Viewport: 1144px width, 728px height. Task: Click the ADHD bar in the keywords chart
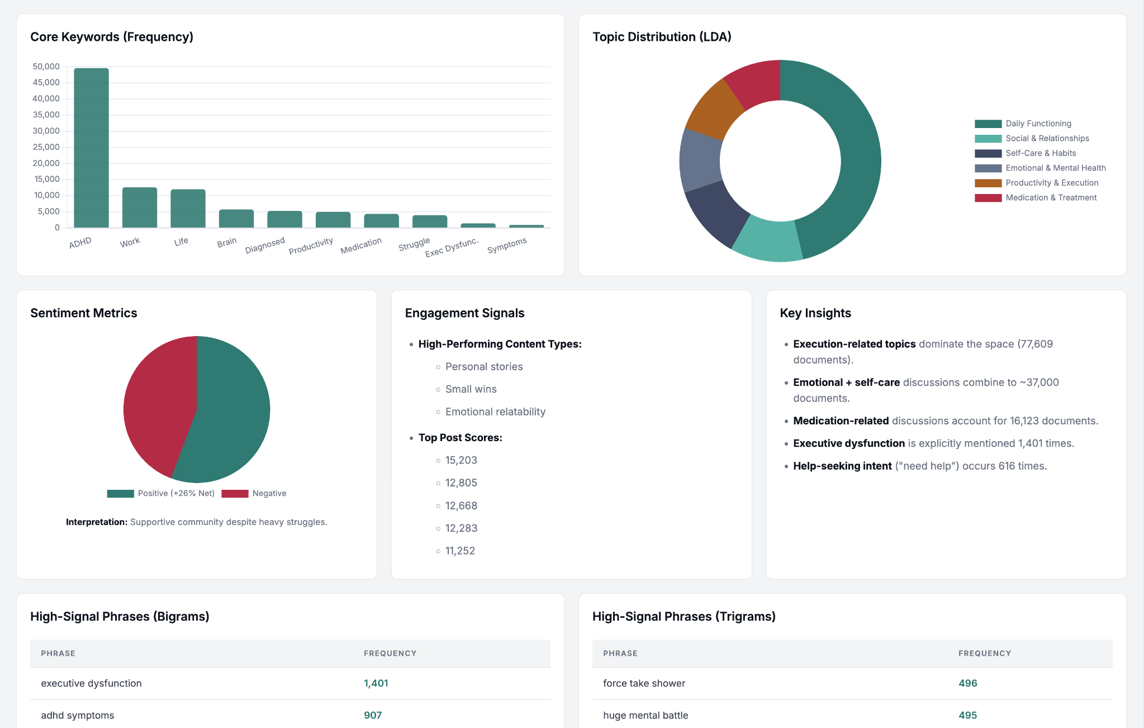pos(91,148)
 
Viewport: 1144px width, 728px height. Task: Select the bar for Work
pos(140,207)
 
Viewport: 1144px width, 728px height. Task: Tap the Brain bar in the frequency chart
pos(236,219)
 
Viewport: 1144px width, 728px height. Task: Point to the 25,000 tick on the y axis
pos(46,147)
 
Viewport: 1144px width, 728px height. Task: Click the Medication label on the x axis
pos(361,245)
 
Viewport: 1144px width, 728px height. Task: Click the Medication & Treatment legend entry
pos(1036,197)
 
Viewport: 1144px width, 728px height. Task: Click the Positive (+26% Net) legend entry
pos(161,493)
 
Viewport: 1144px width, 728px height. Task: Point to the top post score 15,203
pos(461,460)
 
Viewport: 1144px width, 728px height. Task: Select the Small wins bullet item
pos(471,389)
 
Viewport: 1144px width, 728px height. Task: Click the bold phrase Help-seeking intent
pos(842,466)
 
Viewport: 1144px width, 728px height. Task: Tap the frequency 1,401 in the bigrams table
pos(376,683)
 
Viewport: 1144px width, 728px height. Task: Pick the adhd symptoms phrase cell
pos(78,715)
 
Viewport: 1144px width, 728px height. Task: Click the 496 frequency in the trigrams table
pos(968,683)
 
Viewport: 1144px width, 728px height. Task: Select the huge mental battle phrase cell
pos(645,715)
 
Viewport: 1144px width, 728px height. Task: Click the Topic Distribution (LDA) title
pos(662,37)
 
